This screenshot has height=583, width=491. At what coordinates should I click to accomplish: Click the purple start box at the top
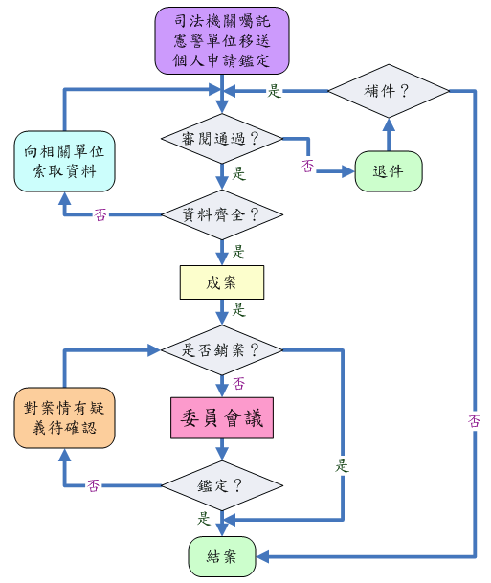pos(222,40)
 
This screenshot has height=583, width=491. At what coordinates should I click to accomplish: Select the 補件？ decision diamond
pos(389,91)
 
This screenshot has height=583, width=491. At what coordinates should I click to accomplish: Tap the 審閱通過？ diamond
pos(222,139)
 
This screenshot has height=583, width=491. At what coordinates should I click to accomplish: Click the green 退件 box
pos(389,171)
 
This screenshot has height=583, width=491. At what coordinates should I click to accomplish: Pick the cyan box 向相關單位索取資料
pos(64,162)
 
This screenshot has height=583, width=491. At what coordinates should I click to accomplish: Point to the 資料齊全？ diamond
pos(222,214)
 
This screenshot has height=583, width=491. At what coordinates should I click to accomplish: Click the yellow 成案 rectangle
pos(222,282)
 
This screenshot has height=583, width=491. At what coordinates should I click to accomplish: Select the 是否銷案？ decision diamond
pos(222,349)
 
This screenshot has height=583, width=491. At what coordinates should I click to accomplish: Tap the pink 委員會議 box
pos(222,418)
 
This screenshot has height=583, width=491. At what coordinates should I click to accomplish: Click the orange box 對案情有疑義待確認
pos(64,418)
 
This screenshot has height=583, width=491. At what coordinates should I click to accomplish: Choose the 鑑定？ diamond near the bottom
pos(222,485)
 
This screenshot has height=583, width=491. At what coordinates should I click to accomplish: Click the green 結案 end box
pos(222,556)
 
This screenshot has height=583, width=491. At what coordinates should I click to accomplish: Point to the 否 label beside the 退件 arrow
pos(308,166)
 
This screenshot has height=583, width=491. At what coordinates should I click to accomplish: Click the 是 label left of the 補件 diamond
pos(275,91)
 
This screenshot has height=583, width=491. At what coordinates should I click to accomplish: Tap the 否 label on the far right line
pos(475,421)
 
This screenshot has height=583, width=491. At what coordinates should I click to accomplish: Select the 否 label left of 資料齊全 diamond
pos(100,214)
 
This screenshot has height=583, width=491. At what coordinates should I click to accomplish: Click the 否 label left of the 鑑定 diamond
pos(93,485)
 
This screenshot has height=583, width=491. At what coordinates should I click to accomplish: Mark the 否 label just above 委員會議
pos(238,383)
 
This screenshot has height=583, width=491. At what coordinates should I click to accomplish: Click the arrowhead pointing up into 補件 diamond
pos(389,124)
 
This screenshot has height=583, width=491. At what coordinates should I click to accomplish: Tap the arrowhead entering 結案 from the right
pos(262,556)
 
